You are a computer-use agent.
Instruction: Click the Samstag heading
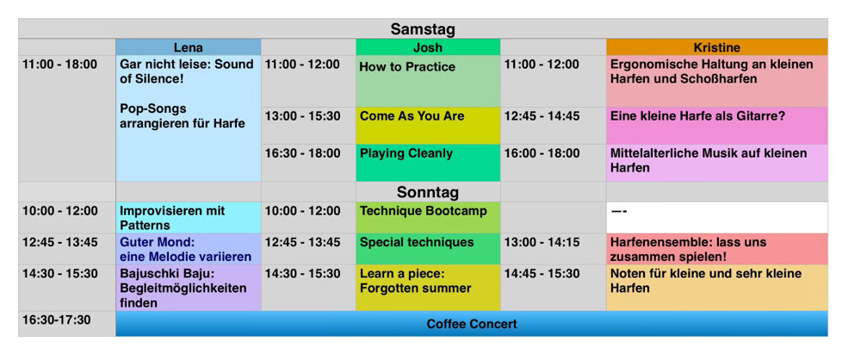click(423, 29)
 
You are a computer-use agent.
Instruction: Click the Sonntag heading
click(428, 192)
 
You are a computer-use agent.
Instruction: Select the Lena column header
click(189, 47)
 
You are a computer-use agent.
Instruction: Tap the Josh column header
click(428, 47)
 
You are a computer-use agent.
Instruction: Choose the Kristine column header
click(716, 47)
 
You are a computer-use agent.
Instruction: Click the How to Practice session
click(428, 81)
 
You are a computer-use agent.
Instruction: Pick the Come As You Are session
click(428, 126)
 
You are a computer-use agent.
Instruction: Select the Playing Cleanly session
click(428, 164)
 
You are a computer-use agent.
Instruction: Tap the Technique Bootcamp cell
click(428, 218)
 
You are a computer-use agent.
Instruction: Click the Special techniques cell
click(428, 249)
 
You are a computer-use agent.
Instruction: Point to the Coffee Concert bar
click(472, 324)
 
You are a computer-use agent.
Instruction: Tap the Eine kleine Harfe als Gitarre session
click(716, 126)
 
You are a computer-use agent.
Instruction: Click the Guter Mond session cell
click(189, 249)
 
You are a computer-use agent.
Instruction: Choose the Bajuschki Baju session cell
click(189, 288)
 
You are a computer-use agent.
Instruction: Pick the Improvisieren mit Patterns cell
click(189, 218)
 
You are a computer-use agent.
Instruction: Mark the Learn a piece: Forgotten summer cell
click(428, 288)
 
